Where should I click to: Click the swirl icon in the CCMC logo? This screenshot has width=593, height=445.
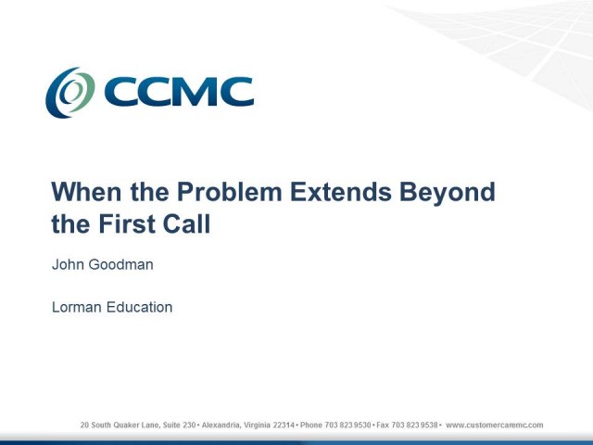[x=70, y=93]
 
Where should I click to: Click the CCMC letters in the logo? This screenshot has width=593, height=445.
[x=178, y=93]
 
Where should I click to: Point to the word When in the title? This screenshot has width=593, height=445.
[x=83, y=192]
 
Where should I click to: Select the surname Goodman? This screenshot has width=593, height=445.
[x=121, y=265]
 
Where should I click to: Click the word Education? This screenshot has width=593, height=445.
[x=140, y=307]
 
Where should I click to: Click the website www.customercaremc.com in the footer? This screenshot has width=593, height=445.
[x=495, y=426]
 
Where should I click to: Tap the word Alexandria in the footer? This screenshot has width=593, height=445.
[x=223, y=426]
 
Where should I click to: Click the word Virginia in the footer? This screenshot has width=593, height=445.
[x=259, y=426]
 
